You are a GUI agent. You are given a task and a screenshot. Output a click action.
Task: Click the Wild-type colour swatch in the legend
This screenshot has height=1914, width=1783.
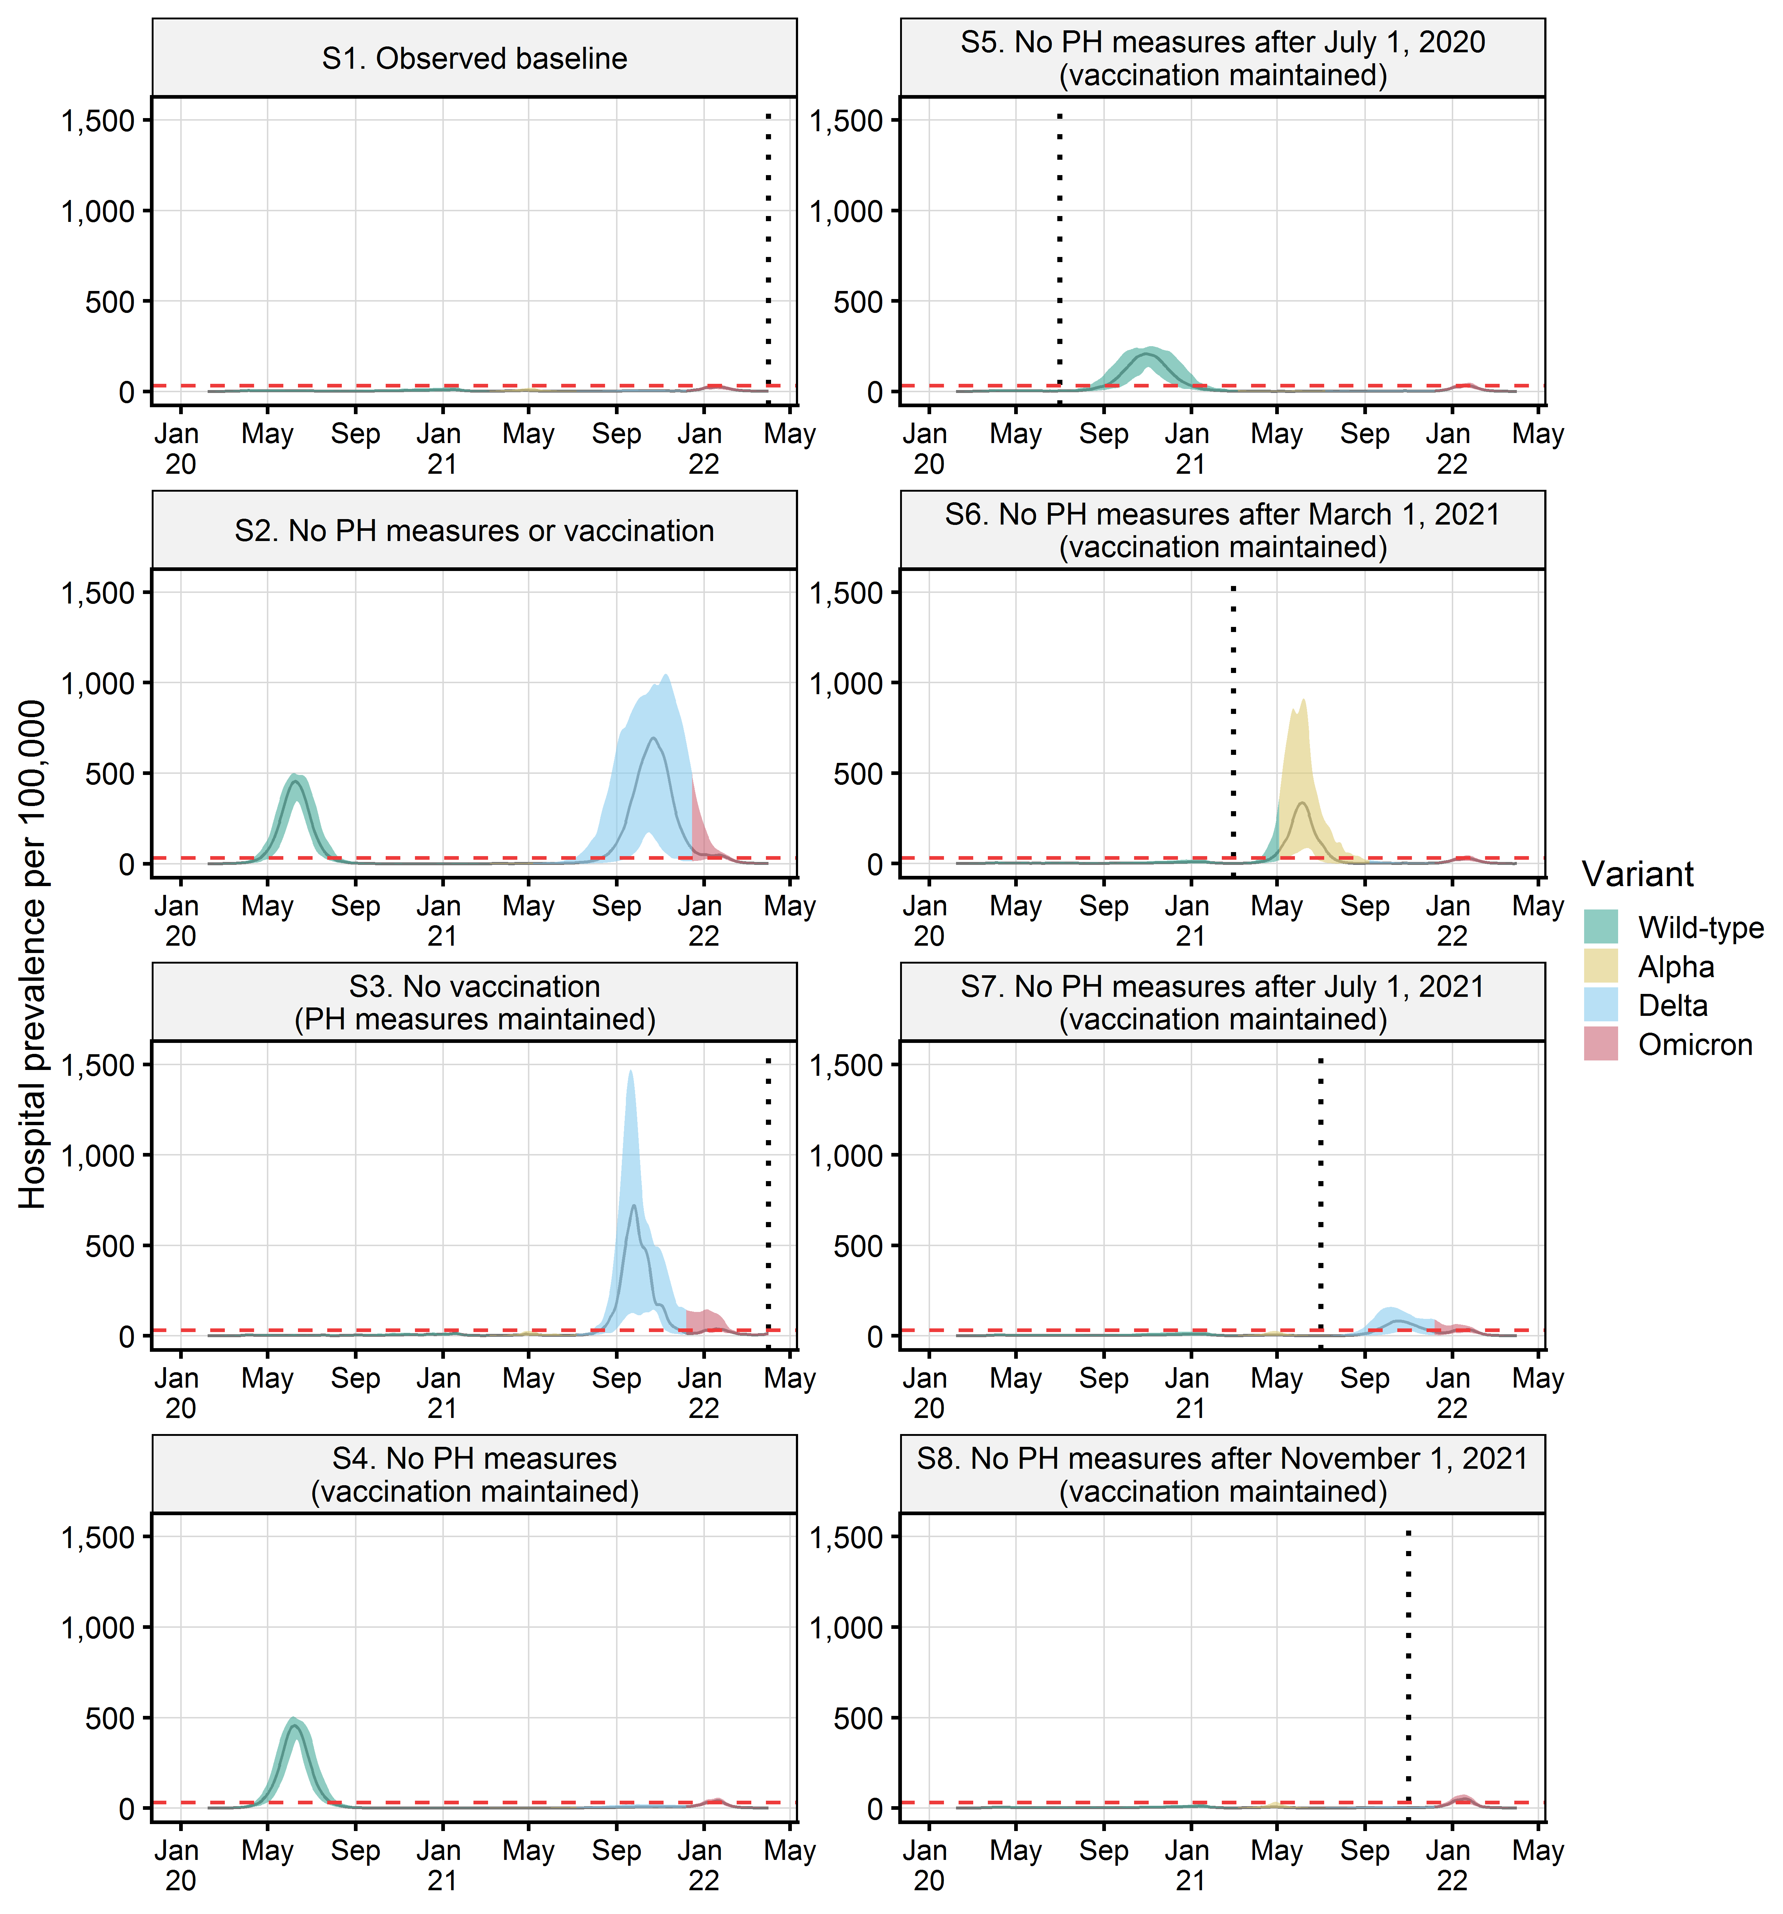tap(1600, 926)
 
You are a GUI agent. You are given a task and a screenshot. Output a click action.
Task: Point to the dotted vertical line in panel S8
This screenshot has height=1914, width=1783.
tap(1408, 1675)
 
